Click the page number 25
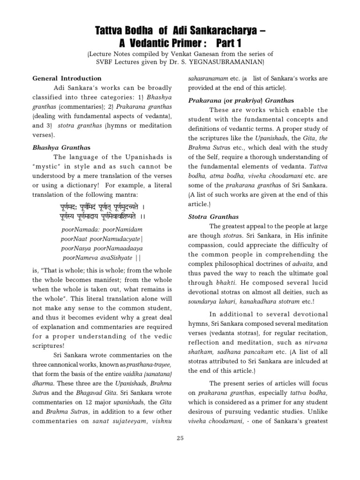180,438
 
